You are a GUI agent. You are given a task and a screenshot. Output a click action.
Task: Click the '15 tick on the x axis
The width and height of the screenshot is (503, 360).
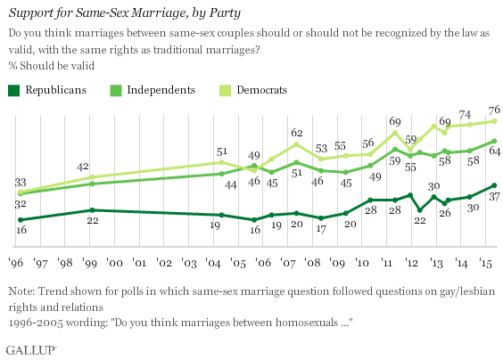[483, 265]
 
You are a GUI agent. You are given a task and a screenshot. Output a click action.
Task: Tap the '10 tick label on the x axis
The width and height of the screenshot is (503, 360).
[362, 265]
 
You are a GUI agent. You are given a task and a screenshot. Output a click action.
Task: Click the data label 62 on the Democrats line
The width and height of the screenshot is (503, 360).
[297, 132]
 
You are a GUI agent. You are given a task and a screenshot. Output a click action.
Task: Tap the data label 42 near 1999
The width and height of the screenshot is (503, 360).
[82, 166]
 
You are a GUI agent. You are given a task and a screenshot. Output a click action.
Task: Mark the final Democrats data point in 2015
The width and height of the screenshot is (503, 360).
[494, 120]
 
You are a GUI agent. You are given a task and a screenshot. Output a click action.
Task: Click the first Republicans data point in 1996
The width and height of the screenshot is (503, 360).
[20, 219]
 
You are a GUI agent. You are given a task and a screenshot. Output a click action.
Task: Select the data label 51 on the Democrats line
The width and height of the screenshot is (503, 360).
[222, 151]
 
